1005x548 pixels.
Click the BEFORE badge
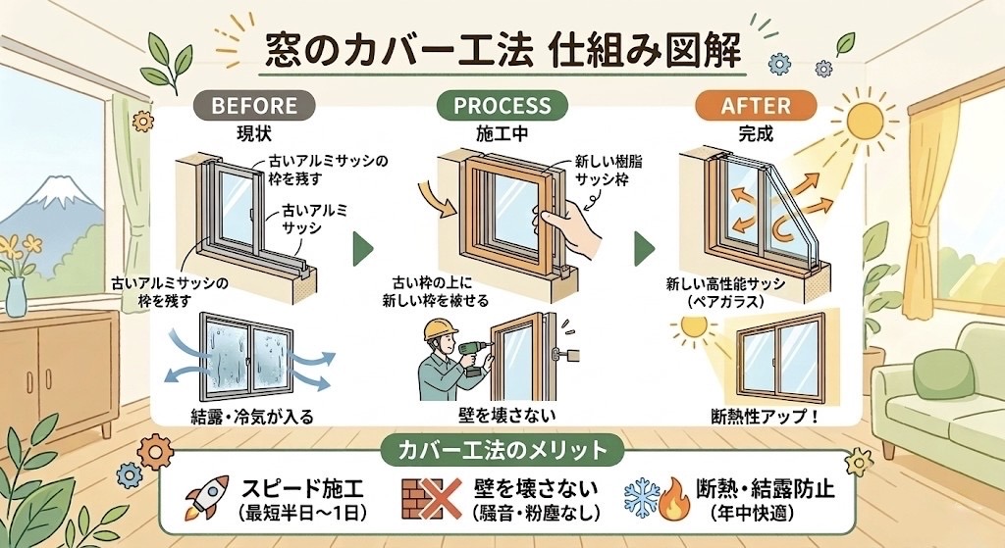pyautogui.click(x=253, y=104)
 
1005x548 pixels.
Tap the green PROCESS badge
pyautogui.click(x=502, y=104)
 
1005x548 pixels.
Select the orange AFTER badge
pyautogui.click(x=755, y=104)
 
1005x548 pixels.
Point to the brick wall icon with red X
pyautogui.click(x=428, y=499)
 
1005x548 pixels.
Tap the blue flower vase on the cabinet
pyautogui.click(x=17, y=296)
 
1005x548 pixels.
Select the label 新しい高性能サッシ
pyautogui.click(x=724, y=283)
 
